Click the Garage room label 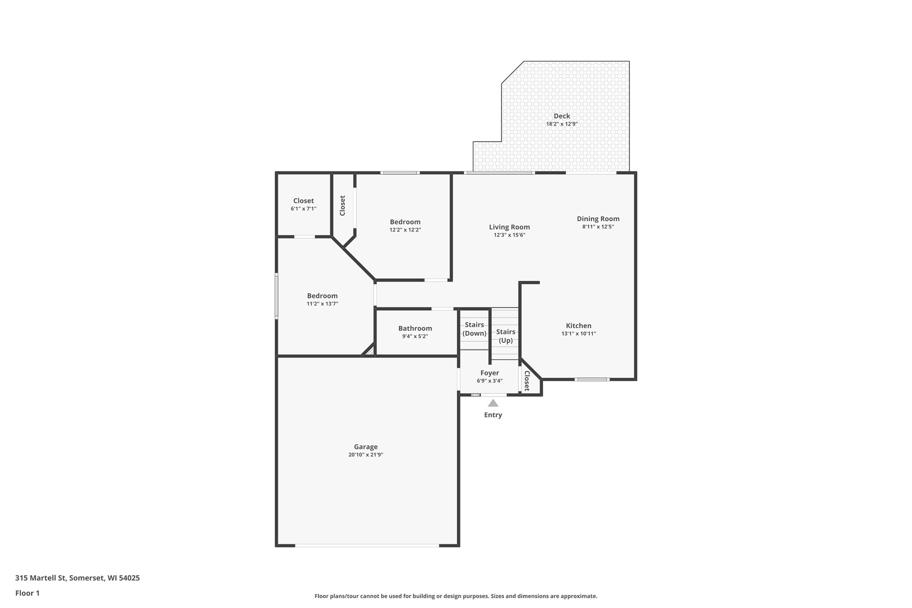[366, 447]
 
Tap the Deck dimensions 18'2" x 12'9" [562, 124]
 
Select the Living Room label [509, 227]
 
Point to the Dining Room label [598, 219]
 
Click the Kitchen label [579, 325]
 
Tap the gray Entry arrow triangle [493, 403]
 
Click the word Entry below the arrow [493, 415]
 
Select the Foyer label [490, 373]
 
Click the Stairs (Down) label [474, 329]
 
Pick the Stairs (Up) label [506, 336]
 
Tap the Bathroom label [415, 328]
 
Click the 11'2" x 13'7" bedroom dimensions [322, 304]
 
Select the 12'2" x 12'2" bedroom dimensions [405, 230]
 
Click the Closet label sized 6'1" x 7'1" [303, 201]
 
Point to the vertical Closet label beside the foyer [527, 381]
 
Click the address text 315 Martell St [41, 578]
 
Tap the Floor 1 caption [27, 593]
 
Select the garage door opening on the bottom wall [367, 545]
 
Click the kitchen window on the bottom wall [592, 380]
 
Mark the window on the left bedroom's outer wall [276, 296]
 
